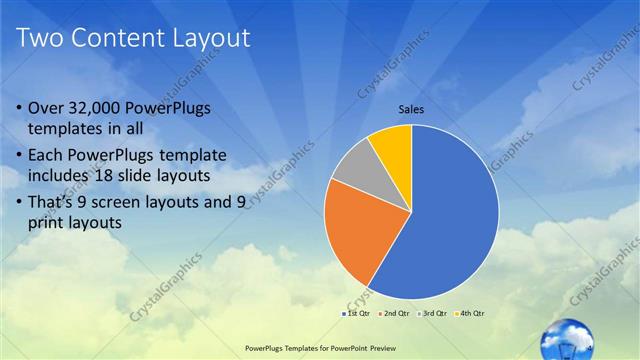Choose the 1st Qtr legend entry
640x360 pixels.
point(359,314)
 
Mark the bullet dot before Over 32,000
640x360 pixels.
point(22,108)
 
